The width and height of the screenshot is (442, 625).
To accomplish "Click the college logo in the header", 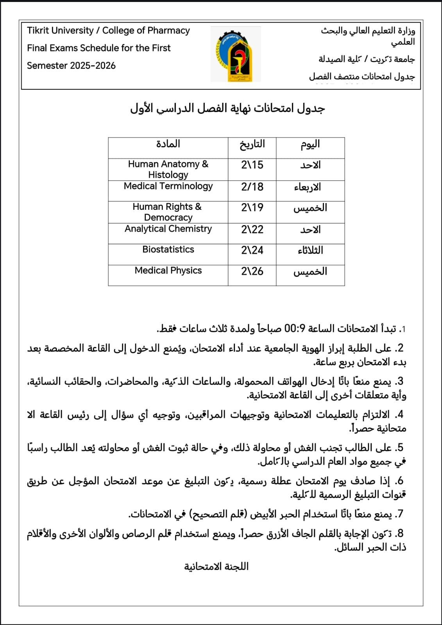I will pos(236,54).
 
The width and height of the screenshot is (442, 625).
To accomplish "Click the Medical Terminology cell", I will pos(168,186).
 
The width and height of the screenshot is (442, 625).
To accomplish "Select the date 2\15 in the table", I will pos(252,165).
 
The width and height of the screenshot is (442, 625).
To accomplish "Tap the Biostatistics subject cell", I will pos(168,250).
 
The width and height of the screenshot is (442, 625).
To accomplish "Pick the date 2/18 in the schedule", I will pos(252,187).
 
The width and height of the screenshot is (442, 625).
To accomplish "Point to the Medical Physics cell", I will pos(168,271).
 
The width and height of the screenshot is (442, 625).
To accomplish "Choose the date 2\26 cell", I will pos(252,271).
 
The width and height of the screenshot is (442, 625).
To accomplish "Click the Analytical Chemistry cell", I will pos(168,229).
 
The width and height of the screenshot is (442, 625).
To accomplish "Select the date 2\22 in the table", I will pos(252,229).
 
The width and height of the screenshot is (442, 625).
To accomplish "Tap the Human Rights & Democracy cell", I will pos(168,212).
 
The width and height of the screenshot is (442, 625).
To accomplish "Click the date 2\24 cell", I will pos(252,250).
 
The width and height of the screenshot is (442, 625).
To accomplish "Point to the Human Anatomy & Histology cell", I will pos(168,169).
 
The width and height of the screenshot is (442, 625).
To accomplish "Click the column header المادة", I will pos(168,144).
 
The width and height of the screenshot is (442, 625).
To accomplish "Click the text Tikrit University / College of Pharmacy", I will pos(108,30).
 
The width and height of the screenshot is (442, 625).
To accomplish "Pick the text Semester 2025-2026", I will pos(71,66).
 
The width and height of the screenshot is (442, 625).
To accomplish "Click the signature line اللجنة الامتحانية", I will pos(216,566).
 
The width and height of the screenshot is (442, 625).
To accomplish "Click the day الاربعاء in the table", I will pos(308,187).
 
